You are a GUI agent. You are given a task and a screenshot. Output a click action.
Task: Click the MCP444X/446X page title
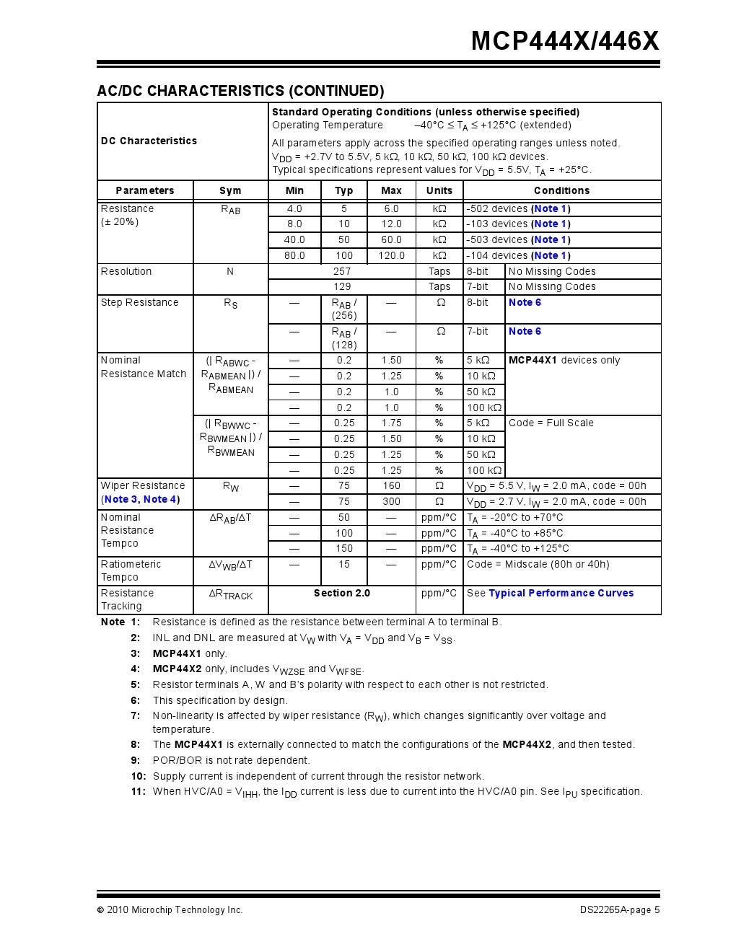565,41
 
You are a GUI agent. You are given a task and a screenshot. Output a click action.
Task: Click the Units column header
439,190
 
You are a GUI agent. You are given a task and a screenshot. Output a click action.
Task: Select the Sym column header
230,190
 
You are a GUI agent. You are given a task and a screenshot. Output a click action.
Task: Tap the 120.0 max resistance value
391,255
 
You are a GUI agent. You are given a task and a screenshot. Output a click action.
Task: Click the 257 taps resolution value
342,271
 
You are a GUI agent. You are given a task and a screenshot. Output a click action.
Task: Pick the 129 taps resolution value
342,286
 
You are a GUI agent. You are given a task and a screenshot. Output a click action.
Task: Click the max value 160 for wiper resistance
391,485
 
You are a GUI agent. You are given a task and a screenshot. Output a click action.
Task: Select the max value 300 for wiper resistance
391,501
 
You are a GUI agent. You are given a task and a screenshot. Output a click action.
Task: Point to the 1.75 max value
391,423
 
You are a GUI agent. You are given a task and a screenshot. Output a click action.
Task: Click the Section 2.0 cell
342,593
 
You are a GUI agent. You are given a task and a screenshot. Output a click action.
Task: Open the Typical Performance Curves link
561,593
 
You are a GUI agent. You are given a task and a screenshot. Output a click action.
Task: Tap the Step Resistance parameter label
139,302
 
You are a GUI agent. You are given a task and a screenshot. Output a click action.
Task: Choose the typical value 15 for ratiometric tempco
344,564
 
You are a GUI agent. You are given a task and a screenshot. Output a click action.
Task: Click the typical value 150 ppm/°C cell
344,548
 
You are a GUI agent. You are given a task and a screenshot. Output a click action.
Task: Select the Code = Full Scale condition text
551,423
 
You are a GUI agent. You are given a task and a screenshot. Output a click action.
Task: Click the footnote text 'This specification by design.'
220,700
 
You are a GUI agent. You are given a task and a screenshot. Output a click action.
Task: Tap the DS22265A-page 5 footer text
619,909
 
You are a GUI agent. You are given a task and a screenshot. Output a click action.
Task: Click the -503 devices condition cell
518,239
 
